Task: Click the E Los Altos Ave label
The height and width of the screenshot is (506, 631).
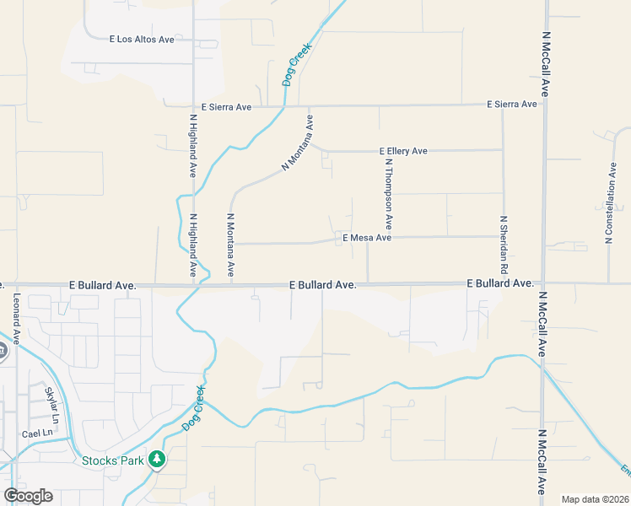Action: click(142, 39)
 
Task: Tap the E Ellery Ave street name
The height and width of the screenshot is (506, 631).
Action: click(403, 151)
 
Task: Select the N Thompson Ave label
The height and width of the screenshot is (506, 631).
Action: click(389, 194)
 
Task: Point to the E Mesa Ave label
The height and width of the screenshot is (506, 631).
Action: click(367, 239)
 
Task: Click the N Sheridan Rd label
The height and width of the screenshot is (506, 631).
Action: click(504, 244)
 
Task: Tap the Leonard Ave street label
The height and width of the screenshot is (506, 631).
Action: click(16, 319)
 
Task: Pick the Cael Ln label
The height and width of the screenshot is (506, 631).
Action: click(36, 433)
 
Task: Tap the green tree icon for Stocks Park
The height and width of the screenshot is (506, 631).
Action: click(155, 460)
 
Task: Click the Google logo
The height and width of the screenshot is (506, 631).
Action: click(28, 496)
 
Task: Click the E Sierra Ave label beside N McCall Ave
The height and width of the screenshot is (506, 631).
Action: click(511, 105)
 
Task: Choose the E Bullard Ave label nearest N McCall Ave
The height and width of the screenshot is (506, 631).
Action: click(499, 283)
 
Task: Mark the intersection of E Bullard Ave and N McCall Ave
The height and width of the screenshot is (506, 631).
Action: click(543, 284)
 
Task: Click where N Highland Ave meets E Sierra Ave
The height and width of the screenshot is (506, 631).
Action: click(193, 106)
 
